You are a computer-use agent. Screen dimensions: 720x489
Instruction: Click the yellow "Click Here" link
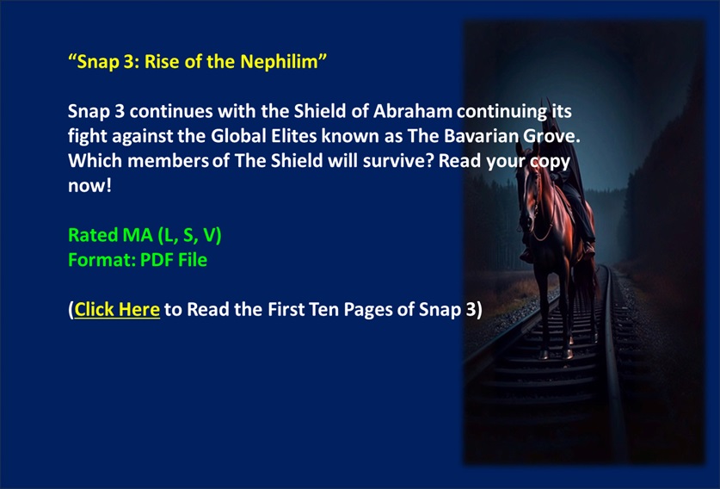(117, 309)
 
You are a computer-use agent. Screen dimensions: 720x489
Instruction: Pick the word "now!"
(90, 186)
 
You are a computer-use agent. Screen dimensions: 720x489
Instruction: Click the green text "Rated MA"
(110, 235)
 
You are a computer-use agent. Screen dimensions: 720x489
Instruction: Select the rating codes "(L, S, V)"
(189, 235)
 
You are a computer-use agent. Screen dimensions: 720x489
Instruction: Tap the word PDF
(157, 260)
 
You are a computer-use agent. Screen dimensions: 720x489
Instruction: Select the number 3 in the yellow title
(128, 62)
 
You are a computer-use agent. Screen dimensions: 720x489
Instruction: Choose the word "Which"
(95, 161)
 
